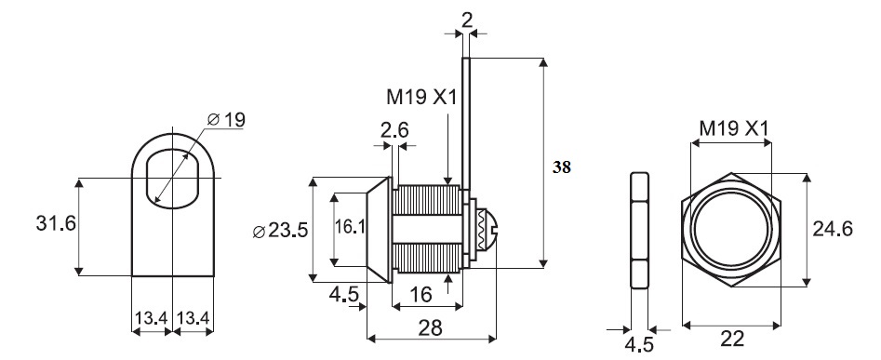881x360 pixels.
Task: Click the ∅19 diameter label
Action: (x=226, y=120)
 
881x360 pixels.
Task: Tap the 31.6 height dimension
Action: (x=56, y=223)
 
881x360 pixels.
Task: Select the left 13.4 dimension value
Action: (x=151, y=318)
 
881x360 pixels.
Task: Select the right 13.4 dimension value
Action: (x=194, y=318)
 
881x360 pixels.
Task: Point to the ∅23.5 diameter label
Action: (x=280, y=231)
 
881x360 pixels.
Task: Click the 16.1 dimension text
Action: (x=350, y=227)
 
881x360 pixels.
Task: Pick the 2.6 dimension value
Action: (x=394, y=130)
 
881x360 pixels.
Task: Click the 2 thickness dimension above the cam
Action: (x=466, y=20)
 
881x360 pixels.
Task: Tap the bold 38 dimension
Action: (x=561, y=167)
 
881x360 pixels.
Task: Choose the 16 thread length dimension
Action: (x=420, y=294)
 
